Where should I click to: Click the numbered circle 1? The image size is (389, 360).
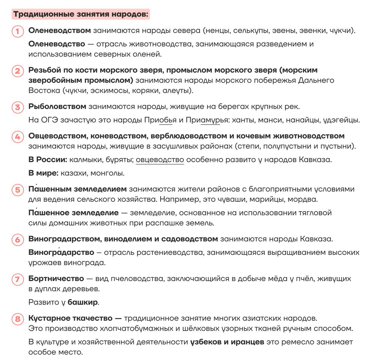pos(18,31)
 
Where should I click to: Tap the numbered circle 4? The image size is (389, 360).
pos(18,137)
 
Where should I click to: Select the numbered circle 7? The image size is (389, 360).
pos(18,279)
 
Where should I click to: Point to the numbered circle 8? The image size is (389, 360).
pos(18,319)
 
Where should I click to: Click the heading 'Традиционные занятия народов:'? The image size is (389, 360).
pos(81,14)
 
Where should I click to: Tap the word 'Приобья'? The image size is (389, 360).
pos(160,120)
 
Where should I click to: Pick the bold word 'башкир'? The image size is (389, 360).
pos(83,302)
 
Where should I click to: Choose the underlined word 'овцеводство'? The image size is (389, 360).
pos(160,160)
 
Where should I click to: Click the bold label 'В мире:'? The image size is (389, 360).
pos(43,173)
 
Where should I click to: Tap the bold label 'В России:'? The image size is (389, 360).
pos(48,160)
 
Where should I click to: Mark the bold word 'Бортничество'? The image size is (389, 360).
pos(56,279)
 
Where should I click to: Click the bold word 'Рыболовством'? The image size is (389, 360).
pos(57,107)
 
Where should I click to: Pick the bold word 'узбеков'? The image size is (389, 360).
pos(206,342)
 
